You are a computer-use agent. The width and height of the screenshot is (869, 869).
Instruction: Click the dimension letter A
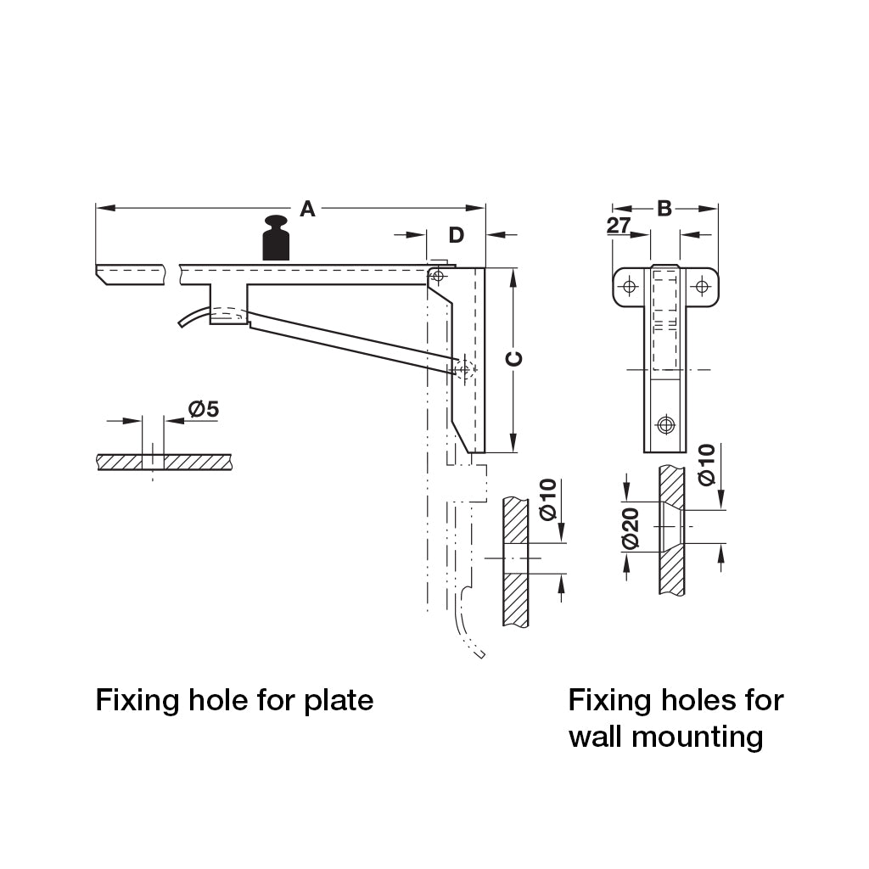[307, 209]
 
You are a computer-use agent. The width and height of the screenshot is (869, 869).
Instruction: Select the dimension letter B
[664, 208]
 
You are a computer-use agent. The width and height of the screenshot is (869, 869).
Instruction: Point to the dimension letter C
[514, 359]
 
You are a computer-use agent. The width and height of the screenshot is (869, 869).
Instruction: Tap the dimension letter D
[456, 235]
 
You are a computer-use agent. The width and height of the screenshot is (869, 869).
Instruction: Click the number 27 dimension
[619, 226]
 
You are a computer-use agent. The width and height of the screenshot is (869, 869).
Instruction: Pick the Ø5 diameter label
[204, 410]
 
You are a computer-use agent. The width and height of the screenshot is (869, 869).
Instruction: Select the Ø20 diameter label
[630, 529]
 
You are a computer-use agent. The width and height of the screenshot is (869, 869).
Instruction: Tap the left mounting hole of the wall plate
[629, 286]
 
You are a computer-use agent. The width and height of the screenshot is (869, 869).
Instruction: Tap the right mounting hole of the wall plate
[702, 286]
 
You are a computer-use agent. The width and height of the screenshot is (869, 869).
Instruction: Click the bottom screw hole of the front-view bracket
[665, 423]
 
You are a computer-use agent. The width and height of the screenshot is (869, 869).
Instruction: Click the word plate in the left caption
[339, 701]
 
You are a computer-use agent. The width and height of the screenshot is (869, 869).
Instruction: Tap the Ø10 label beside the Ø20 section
[706, 464]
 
